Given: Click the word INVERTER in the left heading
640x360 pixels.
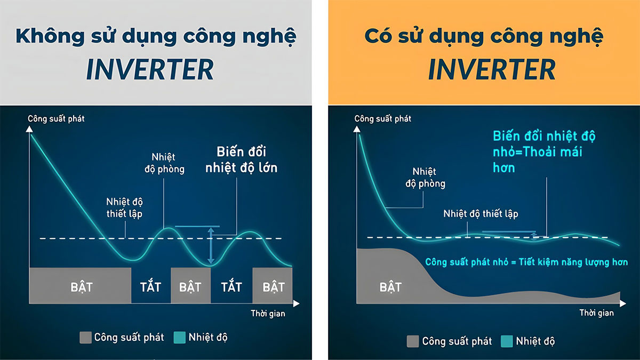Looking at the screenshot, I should point(150,70).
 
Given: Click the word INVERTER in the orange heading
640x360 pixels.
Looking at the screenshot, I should point(492,70).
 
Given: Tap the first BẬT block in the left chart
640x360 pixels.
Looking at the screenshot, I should point(81,286).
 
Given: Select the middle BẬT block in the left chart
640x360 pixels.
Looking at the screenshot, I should point(190,286).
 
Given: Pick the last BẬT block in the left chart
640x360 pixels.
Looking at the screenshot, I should point(273,286).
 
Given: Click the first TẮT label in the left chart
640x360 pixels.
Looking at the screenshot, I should point(151,287).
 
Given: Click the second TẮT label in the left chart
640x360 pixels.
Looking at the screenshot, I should point(231,287).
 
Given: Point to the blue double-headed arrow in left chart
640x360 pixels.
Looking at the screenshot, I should point(211,246).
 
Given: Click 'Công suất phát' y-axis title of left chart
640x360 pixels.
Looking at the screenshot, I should point(56,118).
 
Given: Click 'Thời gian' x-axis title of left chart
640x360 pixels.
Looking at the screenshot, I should point(268,314).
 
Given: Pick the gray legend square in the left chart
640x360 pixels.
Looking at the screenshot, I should point(85,337).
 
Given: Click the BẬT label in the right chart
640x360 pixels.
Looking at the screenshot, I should point(390,287).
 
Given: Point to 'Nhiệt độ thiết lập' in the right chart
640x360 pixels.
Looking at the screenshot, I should point(481,214).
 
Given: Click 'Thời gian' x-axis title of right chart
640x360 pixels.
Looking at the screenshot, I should point(597,313).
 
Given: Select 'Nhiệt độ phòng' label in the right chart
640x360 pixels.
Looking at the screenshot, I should point(425,178).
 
